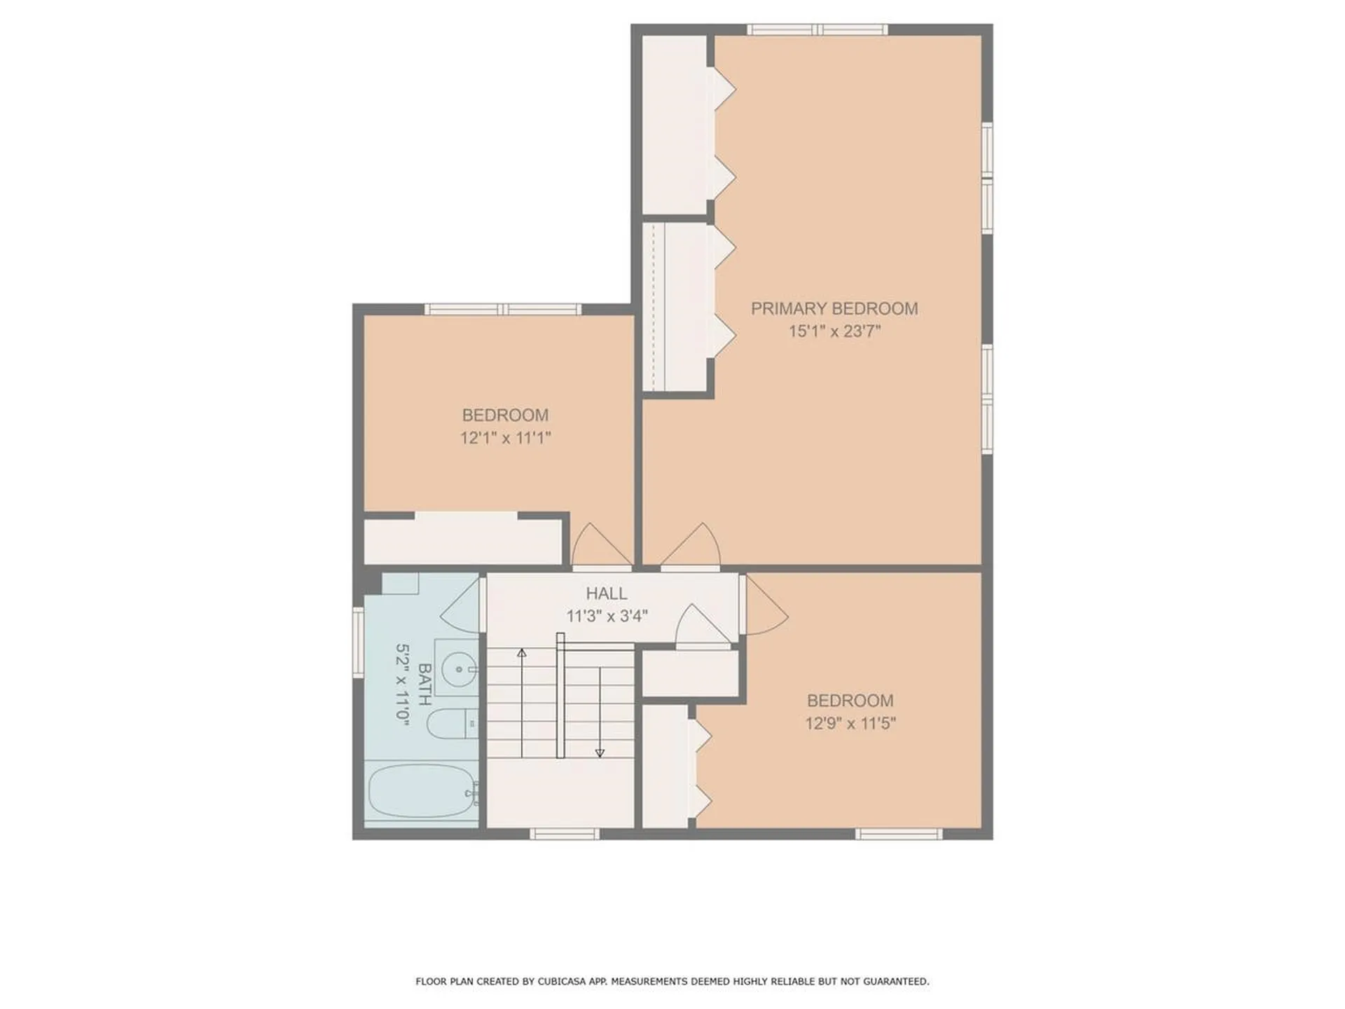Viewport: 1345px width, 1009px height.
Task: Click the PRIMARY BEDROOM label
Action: [x=834, y=308]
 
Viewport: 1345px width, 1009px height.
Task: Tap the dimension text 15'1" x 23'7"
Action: [x=834, y=331]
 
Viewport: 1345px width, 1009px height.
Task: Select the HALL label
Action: [x=606, y=593]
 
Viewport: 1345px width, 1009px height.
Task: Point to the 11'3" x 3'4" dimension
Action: [x=607, y=617]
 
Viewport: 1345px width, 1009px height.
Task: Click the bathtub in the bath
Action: [x=421, y=791]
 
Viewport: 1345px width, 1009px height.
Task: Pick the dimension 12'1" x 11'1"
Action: [x=505, y=438]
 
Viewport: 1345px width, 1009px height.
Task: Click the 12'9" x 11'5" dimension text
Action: [x=850, y=723]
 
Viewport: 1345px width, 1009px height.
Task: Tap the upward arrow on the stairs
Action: [x=521, y=653]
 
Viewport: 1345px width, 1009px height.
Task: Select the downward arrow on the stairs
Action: [x=600, y=752]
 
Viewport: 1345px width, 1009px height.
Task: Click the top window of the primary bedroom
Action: [x=817, y=29]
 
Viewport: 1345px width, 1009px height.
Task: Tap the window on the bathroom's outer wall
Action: [x=358, y=642]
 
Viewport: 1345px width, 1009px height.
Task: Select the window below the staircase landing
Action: [x=564, y=833]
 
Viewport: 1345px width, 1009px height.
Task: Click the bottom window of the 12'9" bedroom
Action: [x=899, y=833]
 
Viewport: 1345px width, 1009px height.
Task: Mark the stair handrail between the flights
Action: [x=560, y=695]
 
